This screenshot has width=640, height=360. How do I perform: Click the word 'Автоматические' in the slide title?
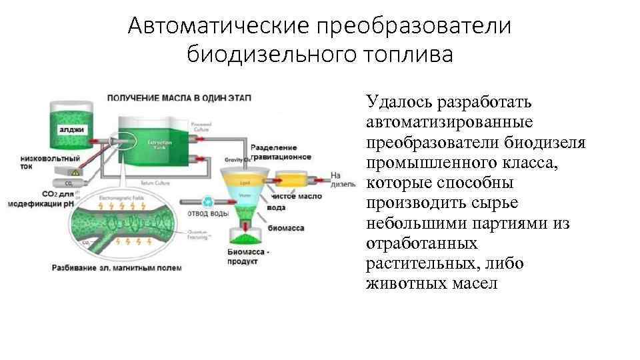coord(217,26)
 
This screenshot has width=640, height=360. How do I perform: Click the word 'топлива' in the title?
coord(407,54)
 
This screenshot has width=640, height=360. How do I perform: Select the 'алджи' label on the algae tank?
coord(71,129)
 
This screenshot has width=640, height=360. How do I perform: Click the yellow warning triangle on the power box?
coord(76,173)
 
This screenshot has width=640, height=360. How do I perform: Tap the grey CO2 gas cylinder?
coord(64,183)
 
